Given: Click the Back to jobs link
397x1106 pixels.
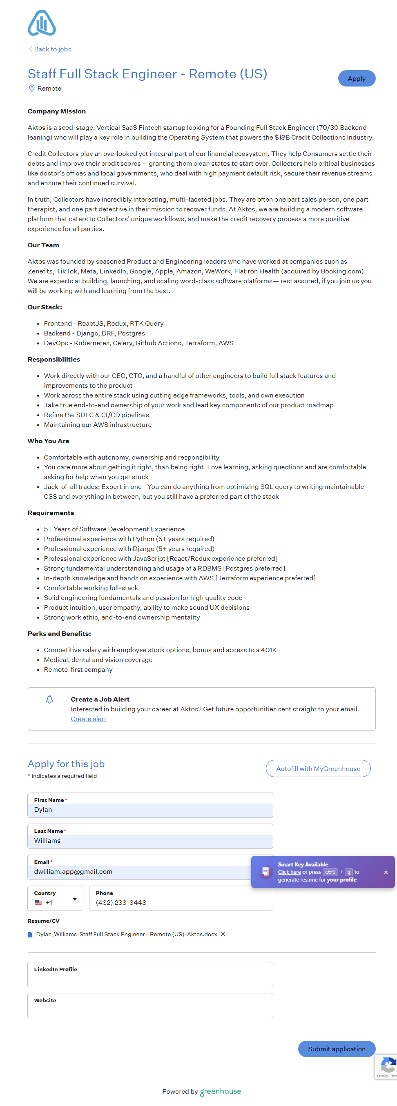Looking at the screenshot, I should (x=52, y=49).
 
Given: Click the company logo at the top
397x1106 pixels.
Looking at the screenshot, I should (x=42, y=23).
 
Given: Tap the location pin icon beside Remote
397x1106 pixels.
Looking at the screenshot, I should (x=31, y=88).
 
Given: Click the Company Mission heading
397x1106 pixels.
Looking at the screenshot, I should (x=56, y=111).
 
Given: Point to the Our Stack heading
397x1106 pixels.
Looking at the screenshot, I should (x=45, y=307).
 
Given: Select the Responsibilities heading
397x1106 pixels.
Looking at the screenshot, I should (x=54, y=360).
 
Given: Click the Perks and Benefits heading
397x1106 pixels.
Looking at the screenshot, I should (x=59, y=633).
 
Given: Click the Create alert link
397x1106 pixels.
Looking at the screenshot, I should (x=89, y=719).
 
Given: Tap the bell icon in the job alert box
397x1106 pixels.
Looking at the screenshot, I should (x=49, y=699).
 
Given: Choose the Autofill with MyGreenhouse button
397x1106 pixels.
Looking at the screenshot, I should (x=318, y=768).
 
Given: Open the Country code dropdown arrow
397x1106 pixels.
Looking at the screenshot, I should (x=75, y=899).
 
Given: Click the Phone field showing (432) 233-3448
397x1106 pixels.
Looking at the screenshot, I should (x=181, y=902).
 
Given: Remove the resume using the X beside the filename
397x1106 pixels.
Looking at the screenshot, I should (x=223, y=934).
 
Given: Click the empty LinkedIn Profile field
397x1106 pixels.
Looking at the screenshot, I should (x=150, y=977).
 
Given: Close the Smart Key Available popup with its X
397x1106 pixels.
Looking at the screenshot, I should (x=386, y=872).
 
